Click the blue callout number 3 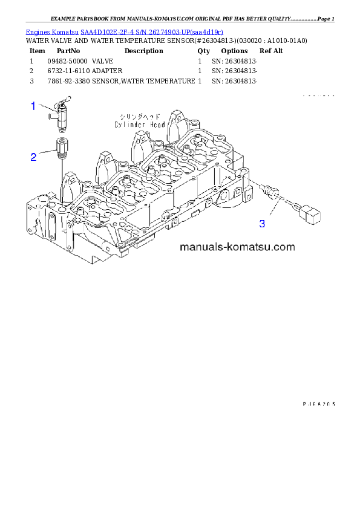pos(262,224)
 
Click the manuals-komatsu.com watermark pos(237,246)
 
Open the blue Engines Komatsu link pos(124,31)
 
